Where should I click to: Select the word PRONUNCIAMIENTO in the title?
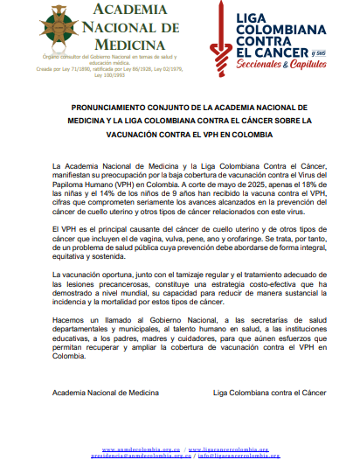click(104, 109)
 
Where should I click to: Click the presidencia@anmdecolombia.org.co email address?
click(136, 456)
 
